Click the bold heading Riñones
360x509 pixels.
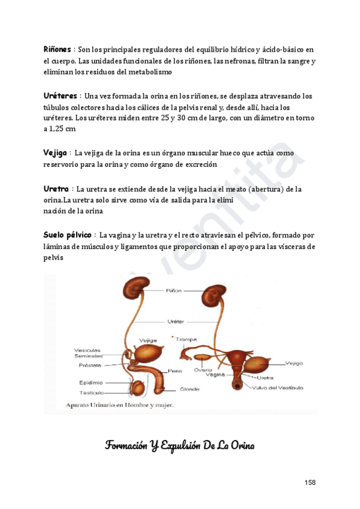[58, 49]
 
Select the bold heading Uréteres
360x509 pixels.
[61, 95]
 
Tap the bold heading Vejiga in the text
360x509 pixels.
[56, 154]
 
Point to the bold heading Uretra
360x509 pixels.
[56, 189]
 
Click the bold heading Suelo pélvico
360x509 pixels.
[67, 234]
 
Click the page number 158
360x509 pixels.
[310, 483]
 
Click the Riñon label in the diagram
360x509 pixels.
[174, 291]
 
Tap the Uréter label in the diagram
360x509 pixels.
[175, 321]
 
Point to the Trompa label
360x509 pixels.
[186, 339]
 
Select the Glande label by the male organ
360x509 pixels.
[173, 388]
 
